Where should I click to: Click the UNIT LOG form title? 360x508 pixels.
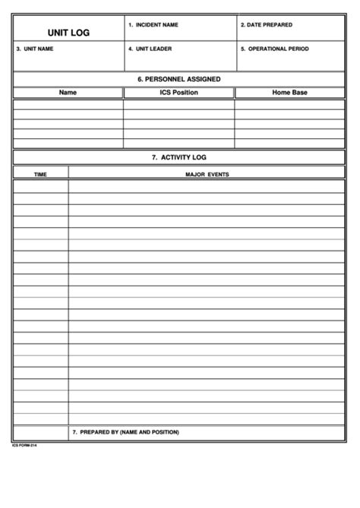[68, 32]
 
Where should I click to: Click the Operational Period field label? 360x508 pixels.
[275, 49]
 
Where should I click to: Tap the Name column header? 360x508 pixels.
[68, 93]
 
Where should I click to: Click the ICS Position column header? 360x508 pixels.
[178, 93]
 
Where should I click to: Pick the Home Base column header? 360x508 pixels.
[289, 93]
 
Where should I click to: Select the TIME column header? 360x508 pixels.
[40, 174]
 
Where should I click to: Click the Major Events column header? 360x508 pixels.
[207, 174]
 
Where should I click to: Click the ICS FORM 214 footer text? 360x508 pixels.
[24, 446]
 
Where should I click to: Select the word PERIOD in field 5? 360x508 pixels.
[298, 49]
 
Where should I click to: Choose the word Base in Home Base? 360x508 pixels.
[300, 93]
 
